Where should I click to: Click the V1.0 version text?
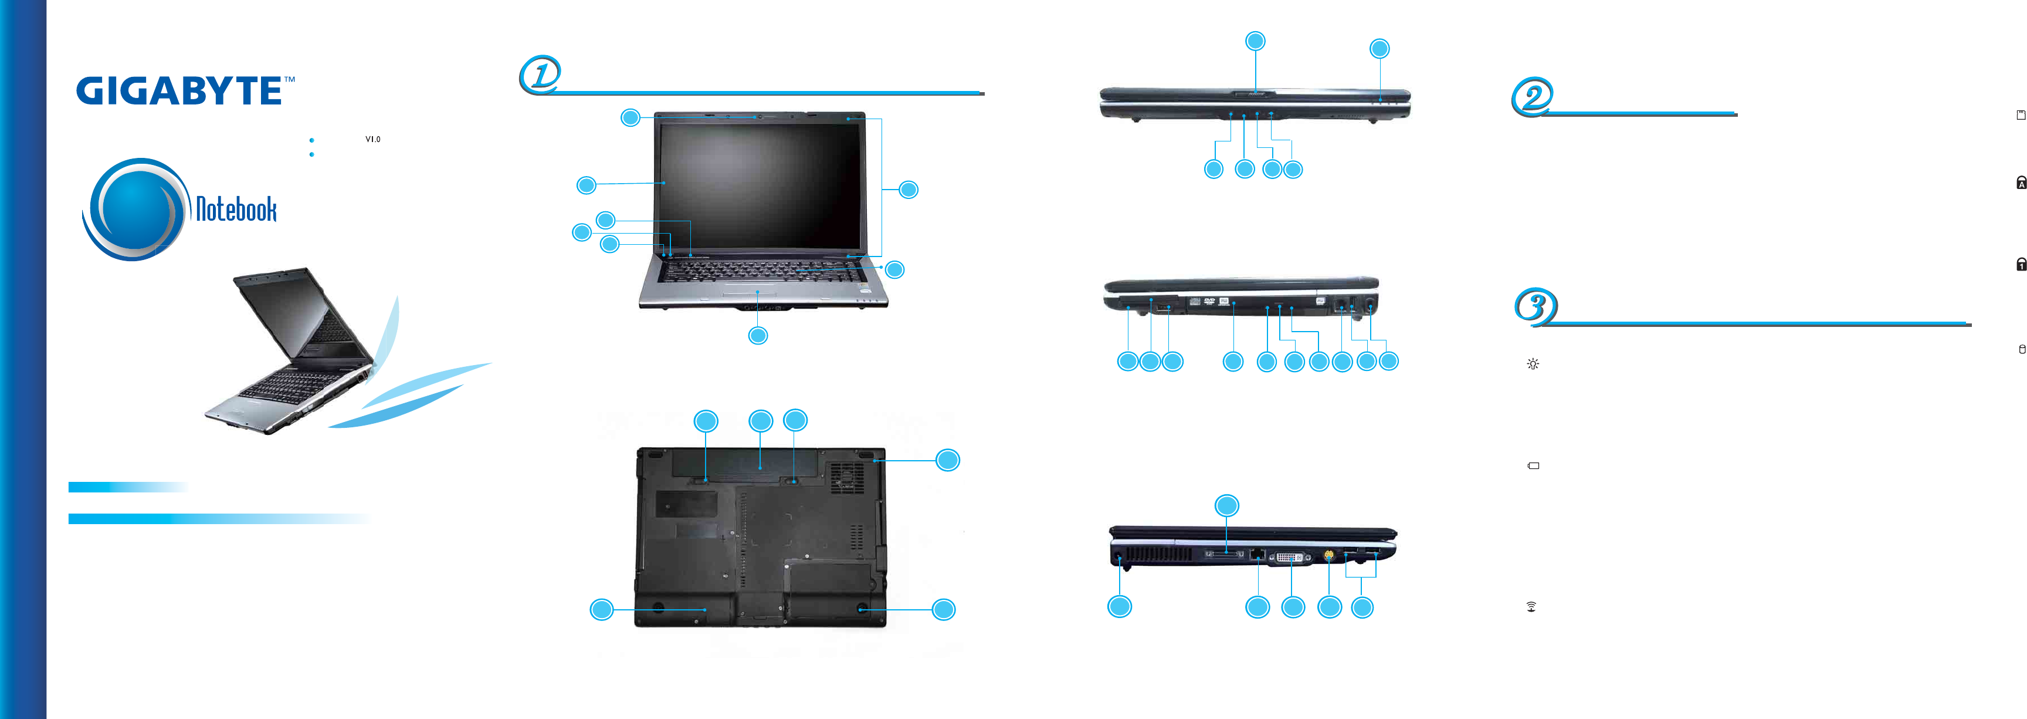[372, 139]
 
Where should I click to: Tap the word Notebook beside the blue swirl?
[236, 210]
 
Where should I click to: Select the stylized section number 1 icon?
[541, 75]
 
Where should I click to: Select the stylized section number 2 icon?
[1532, 97]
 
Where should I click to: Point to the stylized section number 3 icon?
[1535, 306]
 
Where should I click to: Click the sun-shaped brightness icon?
[1533, 364]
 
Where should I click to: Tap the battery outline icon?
[1533, 465]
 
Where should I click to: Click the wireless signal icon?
[1531, 606]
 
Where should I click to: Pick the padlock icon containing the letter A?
[2021, 183]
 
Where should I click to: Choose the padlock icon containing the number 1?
[2021, 265]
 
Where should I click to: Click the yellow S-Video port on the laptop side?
[1329, 555]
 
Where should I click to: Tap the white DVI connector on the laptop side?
[1292, 558]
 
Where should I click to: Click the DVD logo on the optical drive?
[1209, 301]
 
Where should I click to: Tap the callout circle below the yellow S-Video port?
[1329, 606]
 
